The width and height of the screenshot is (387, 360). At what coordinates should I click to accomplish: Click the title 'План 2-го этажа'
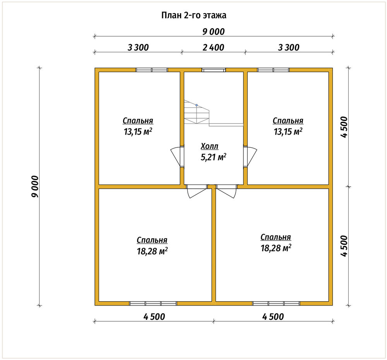194,15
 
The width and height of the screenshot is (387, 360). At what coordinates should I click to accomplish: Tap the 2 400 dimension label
214,47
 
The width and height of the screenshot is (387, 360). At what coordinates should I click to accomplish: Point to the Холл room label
209,146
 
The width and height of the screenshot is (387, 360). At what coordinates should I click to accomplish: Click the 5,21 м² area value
214,157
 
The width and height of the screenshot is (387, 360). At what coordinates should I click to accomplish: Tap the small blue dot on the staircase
197,105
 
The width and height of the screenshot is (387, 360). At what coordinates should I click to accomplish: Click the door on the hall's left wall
177,157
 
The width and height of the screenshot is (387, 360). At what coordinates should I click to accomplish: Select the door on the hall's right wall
250,157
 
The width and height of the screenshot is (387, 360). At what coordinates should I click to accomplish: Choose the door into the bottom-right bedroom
226,191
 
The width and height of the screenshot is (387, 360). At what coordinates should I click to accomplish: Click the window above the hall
214,70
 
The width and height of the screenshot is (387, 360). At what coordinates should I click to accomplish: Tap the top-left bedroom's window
152,70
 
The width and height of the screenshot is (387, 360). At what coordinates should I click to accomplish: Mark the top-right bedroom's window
273,70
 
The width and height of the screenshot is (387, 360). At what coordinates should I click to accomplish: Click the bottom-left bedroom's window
153,304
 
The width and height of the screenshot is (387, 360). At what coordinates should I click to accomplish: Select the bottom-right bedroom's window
276,304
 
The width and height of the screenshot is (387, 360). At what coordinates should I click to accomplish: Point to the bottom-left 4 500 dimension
154,317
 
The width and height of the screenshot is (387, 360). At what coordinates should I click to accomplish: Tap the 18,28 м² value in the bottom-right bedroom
276,248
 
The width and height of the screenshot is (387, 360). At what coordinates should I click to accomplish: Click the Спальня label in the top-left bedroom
138,121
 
